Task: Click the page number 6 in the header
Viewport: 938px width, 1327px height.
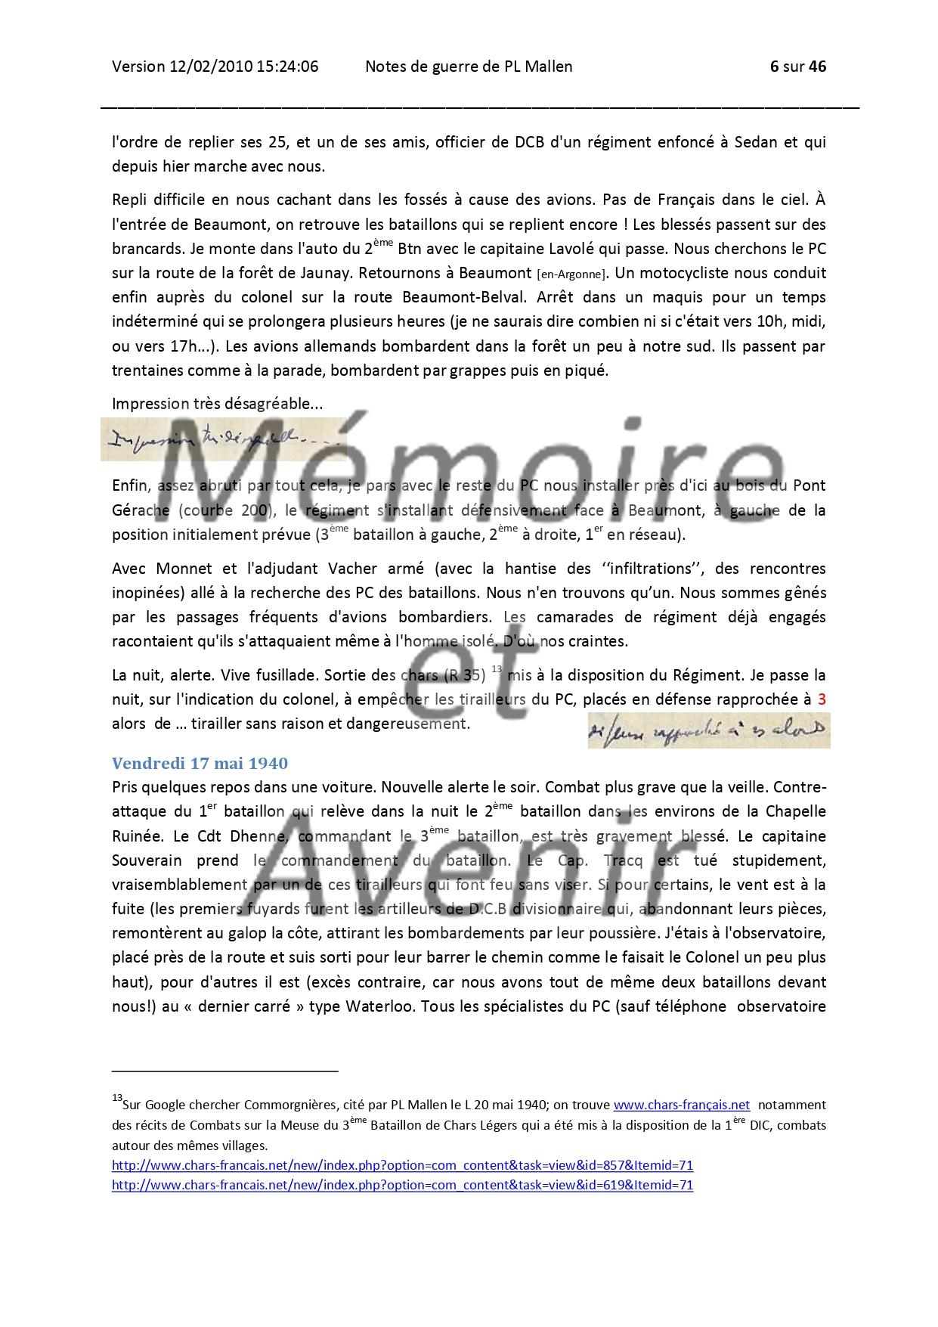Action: [x=774, y=67]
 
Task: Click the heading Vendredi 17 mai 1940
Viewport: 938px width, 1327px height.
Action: [x=200, y=763]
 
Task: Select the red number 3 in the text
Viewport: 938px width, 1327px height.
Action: [x=822, y=699]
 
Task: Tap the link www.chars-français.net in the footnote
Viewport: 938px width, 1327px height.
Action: [x=681, y=1105]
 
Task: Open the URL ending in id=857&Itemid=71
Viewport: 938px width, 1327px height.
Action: [x=402, y=1165]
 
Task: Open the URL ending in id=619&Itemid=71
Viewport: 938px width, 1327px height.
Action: [x=402, y=1185]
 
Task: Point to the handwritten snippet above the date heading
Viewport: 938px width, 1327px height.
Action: [x=708, y=730]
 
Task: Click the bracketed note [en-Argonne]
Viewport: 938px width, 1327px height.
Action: [x=567, y=274]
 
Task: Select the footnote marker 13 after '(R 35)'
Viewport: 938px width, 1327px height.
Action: [x=497, y=669]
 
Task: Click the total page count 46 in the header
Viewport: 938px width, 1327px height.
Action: [x=817, y=67]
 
